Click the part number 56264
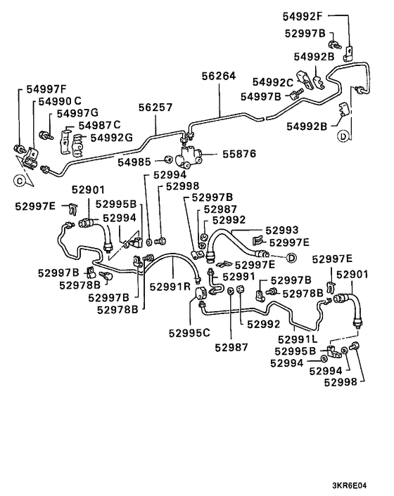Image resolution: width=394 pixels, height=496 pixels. click(x=219, y=77)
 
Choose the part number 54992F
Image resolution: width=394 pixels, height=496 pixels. click(x=303, y=15)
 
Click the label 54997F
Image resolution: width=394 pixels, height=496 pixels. click(x=47, y=90)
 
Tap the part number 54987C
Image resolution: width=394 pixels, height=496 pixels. click(x=99, y=125)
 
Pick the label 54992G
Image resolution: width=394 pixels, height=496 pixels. click(x=110, y=136)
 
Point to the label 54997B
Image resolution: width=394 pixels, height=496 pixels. click(x=261, y=96)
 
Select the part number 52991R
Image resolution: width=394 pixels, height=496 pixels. click(x=170, y=286)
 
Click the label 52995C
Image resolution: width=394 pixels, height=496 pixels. click(x=189, y=332)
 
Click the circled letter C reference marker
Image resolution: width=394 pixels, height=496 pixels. click(x=20, y=179)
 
